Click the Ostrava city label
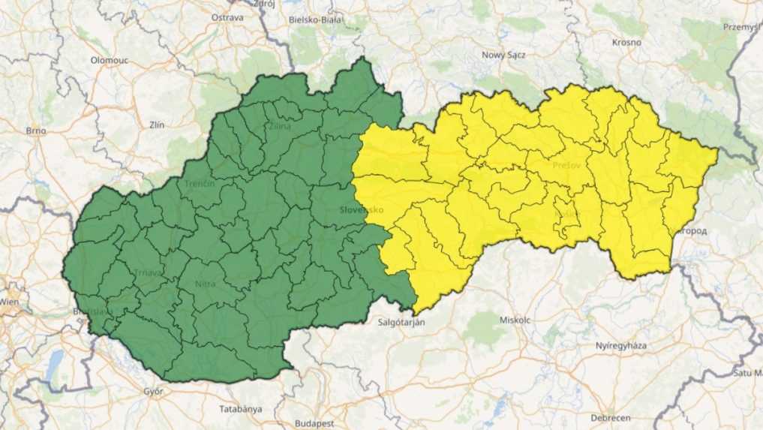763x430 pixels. point(227,17)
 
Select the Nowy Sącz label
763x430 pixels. point(503,55)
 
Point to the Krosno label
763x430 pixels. point(626,42)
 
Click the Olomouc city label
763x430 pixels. point(110,59)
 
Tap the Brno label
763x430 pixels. point(36,131)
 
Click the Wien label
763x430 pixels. point(9,301)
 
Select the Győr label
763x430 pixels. point(152,391)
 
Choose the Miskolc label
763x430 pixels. point(515,319)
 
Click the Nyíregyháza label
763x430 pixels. point(621,346)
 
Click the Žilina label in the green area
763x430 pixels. point(279,126)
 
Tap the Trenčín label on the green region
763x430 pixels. point(200,184)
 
